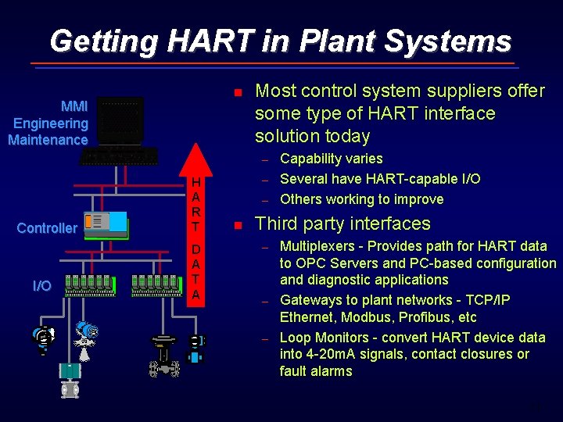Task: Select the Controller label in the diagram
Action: coord(47,228)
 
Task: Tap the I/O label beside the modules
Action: coord(42,286)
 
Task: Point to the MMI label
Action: coord(74,106)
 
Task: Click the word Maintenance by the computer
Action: coord(48,140)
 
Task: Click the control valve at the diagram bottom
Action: coord(164,356)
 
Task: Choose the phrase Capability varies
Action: coord(332,159)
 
